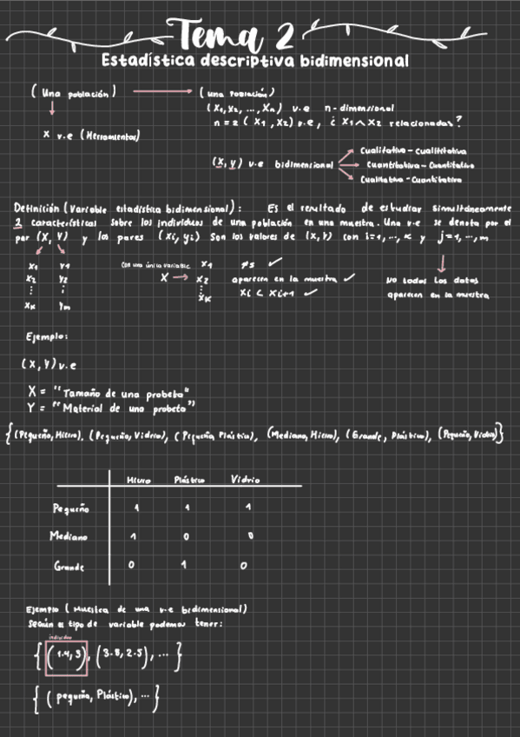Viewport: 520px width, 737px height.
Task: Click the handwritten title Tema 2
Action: point(235,37)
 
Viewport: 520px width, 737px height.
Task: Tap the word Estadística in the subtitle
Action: point(144,63)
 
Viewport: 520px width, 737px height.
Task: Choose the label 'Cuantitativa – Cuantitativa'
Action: point(419,164)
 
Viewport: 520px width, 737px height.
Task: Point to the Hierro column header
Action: point(138,480)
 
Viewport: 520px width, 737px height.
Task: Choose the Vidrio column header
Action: point(245,480)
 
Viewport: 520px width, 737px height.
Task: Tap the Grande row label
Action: point(69,567)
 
